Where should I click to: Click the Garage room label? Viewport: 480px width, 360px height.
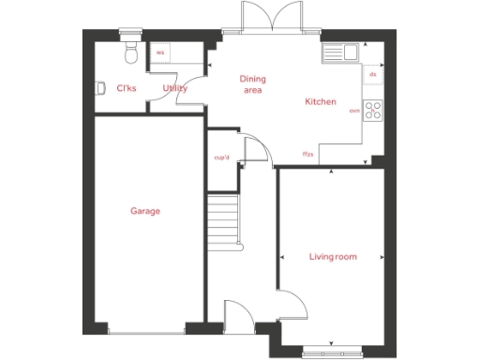pyautogui.click(x=145, y=211)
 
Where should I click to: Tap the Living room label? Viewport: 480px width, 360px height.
pyautogui.click(x=334, y=256)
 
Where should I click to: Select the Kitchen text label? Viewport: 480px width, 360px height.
pyautogui.click(x=321, y=101)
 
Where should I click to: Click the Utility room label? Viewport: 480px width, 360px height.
pyautogui.click(x=175, y=89)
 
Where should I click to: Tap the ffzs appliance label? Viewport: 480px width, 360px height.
pyautogui.click(x=307, y=153)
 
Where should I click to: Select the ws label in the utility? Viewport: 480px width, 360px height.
pyautogui.click(x=159, y=53)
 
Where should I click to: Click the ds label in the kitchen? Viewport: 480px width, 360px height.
pyautogui.click(x=372, y=73)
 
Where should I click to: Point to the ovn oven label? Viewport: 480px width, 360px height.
pyautogui.click(x=354, y=111)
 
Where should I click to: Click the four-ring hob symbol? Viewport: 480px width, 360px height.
pyautogui.click(x=373, y=111)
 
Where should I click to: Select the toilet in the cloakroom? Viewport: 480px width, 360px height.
pyautogui.click(x=132, y=52)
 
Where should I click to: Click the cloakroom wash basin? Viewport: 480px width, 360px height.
pyautogui.click(x=100, y=88)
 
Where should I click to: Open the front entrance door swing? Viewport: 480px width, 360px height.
pyautogui.click(x=236, y=316)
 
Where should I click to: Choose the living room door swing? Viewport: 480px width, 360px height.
pyautogui.click(x=293, y=303)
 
